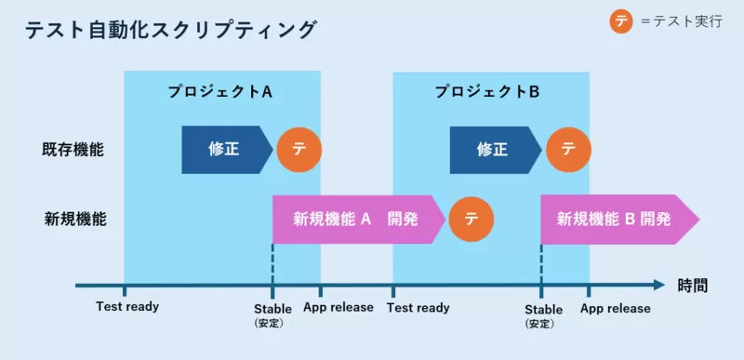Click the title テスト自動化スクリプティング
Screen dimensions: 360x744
[x=170, y=30]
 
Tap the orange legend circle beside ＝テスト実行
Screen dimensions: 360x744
[x=622, y=21]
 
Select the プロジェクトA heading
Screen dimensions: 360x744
[x=219, y=92]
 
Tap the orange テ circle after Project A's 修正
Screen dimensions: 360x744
[x=299, y=149]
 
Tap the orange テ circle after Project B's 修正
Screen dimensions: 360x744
[x=567, y=149]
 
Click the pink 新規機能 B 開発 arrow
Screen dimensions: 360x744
[x=618, y=220]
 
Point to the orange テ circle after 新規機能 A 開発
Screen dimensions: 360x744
[x=472, y=220]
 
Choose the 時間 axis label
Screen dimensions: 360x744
[x=692, y=286]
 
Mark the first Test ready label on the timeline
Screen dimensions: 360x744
[x=127, y=307]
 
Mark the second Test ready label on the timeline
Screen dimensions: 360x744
[x=418, y=307]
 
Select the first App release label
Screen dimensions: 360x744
[x=339, y=307]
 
